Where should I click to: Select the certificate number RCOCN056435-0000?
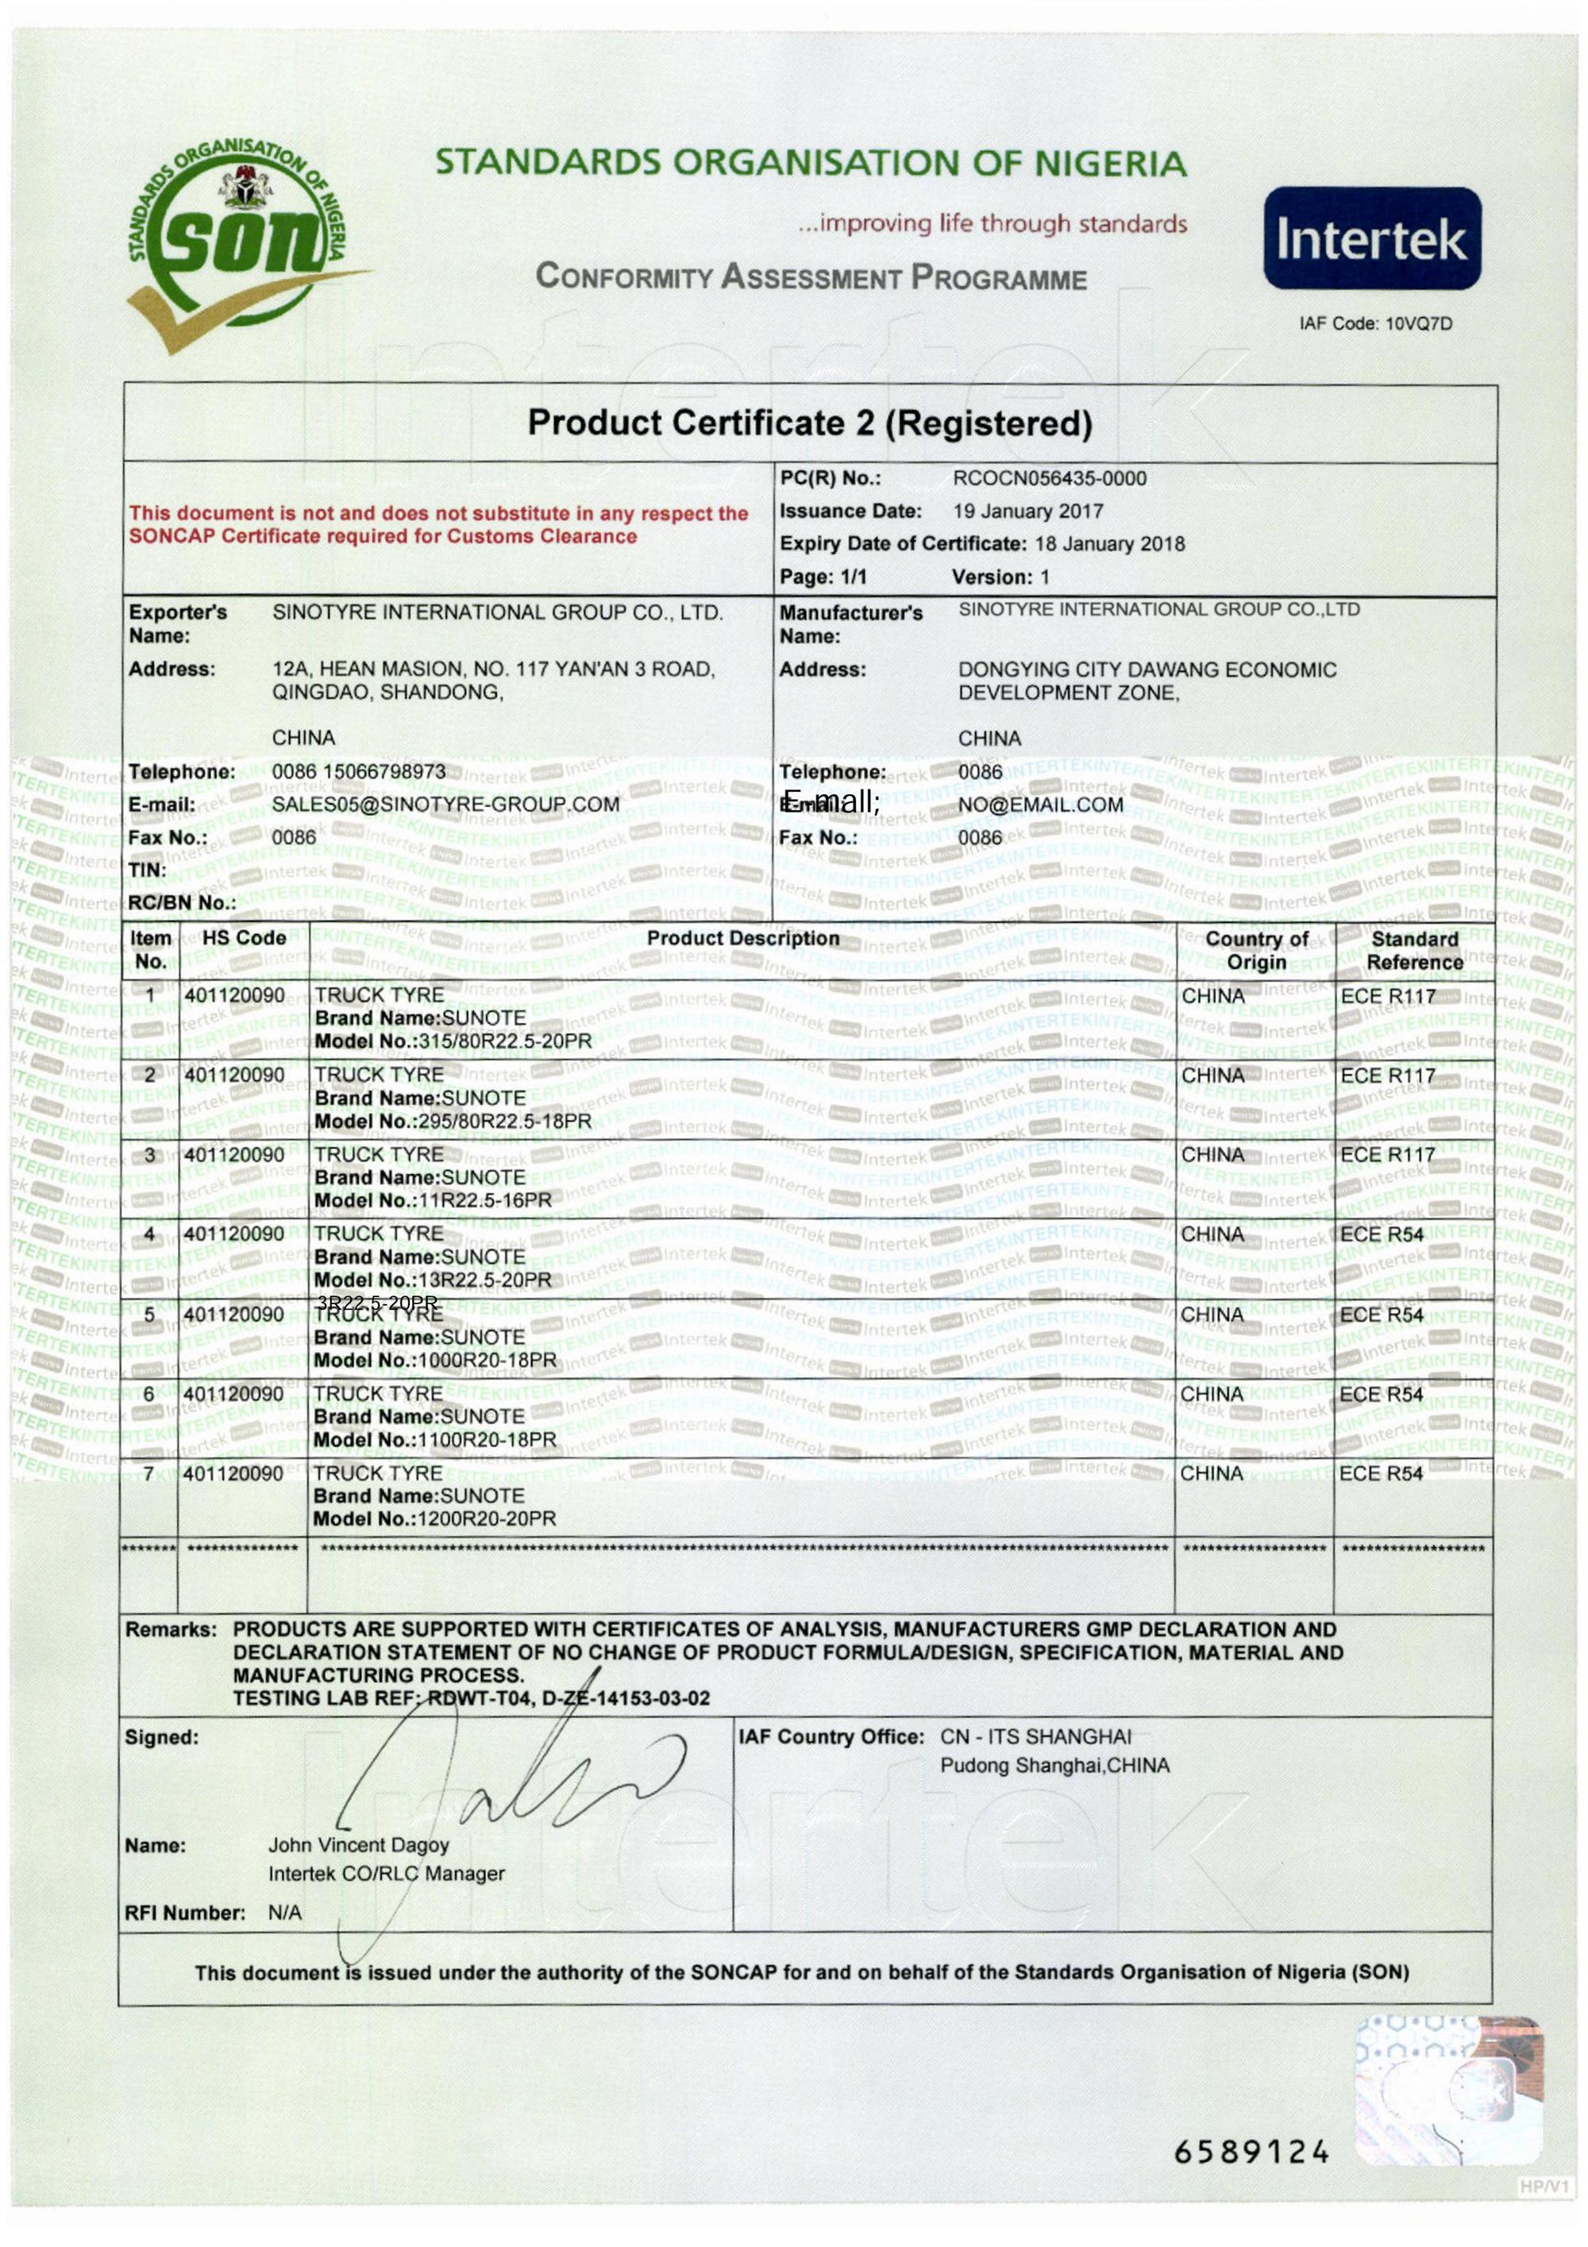pyautogui.click(x=1049, y=479)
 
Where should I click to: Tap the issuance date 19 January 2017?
pyautogui.click(x=1027, y=511)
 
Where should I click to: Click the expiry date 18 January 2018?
pyautogui.click(x=1108, y=544)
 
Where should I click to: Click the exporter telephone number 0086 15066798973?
pyautogui.click(x=358, y=772)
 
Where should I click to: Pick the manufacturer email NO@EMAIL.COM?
pyautogui.click(x=1040, y=805)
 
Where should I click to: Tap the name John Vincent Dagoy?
pyautogui.click(x=358, y=1846)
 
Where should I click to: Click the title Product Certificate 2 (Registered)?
pyautogui.click(x=809, y=424)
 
